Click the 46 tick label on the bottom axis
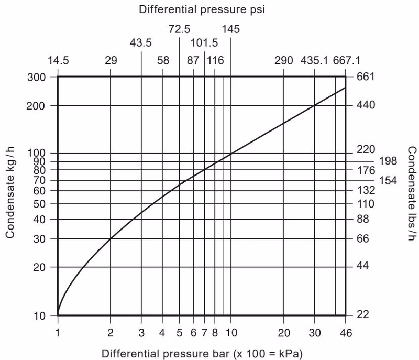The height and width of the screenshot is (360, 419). pyautogui.click(x=346, y=332)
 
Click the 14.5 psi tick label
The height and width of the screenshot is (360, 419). pyautogui.click(x=58, y=60)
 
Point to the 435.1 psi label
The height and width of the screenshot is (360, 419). pyautogui.click(x=314, y=60)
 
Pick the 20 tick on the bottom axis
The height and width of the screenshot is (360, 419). pyautogui.click(x=283, y=332)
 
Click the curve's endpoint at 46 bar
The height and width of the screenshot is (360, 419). pyautogui.click(x=345, y=88)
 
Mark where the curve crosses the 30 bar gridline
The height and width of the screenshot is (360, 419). pyautogui.click(x=314, y=106)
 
